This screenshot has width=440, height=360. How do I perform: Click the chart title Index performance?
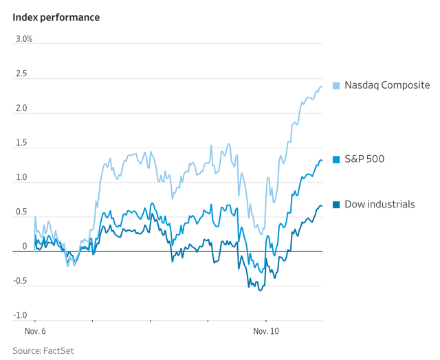pos(56,17)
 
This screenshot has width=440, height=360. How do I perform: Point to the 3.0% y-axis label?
pos(24,39)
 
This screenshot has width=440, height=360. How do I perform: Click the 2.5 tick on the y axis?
pos(20,74)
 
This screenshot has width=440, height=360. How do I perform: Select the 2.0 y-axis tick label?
pos(20,108)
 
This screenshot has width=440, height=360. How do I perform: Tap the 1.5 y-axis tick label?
pos(20,143)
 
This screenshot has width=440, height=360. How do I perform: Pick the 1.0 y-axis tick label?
pos(20,177)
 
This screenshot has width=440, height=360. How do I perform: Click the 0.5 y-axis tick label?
pos(20,212)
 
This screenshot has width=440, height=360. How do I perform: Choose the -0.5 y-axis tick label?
pos(19,280)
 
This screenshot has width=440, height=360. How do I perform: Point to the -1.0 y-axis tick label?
pos(19,315)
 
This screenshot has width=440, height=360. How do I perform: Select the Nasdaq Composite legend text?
pos(387,85)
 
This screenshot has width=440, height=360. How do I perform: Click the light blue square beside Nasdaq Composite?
pos(336,85)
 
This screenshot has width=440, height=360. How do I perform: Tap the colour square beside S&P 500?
pos(336,159)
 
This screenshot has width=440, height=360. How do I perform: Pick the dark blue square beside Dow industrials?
pos(336,205)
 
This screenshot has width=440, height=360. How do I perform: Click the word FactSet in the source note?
pos(58,350)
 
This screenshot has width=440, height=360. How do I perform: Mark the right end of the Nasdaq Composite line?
pos(322,87)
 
